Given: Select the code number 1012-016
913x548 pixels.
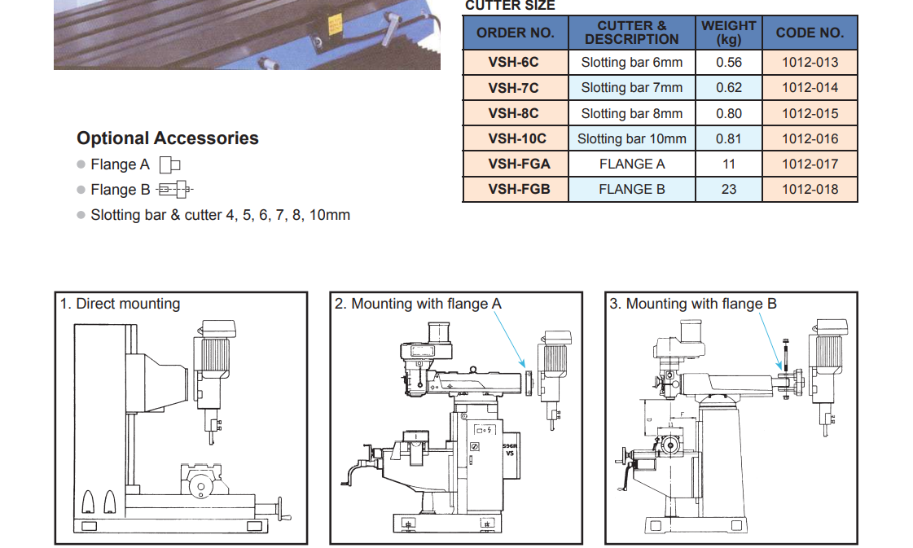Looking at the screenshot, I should click(810, 138).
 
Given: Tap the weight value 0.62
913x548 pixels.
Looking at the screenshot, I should click(728, 87).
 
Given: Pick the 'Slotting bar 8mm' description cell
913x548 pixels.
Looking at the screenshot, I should click(631, 113).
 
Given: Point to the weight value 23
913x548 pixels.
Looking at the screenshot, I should click(728, 189).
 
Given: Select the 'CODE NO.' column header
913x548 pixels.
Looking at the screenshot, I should click(810, 33).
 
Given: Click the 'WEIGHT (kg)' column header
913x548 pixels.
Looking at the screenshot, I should click(728, 33).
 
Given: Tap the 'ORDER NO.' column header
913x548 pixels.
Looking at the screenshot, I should click(515, 33).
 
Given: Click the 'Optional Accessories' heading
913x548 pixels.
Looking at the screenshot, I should click(168, 138).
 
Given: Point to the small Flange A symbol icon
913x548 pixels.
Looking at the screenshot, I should click(169, 164).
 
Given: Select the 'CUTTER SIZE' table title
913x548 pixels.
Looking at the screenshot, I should click(510, 6).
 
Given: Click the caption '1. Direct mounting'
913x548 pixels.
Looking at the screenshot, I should click(120, 304).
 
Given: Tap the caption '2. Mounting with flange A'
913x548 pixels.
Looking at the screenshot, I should click(418, 304).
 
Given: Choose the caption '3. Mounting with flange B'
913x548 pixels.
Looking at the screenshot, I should click(693, 304).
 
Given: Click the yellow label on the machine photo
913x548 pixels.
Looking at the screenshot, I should click(335, 24).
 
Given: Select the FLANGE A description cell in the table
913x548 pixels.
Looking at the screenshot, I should click(631, 164).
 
